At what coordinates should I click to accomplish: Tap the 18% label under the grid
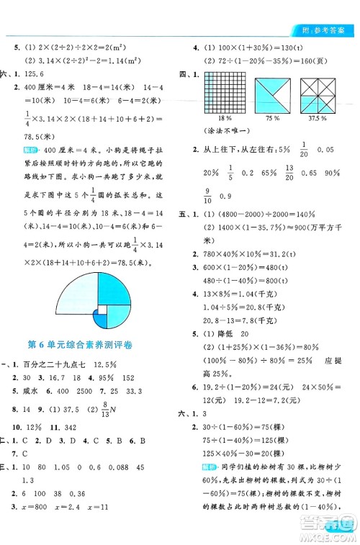tap(224, 117)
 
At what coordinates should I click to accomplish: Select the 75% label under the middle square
tap(273, 117)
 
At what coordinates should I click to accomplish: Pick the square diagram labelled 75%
tap(273, 92)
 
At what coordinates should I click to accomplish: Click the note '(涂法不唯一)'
tap(226, 132)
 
